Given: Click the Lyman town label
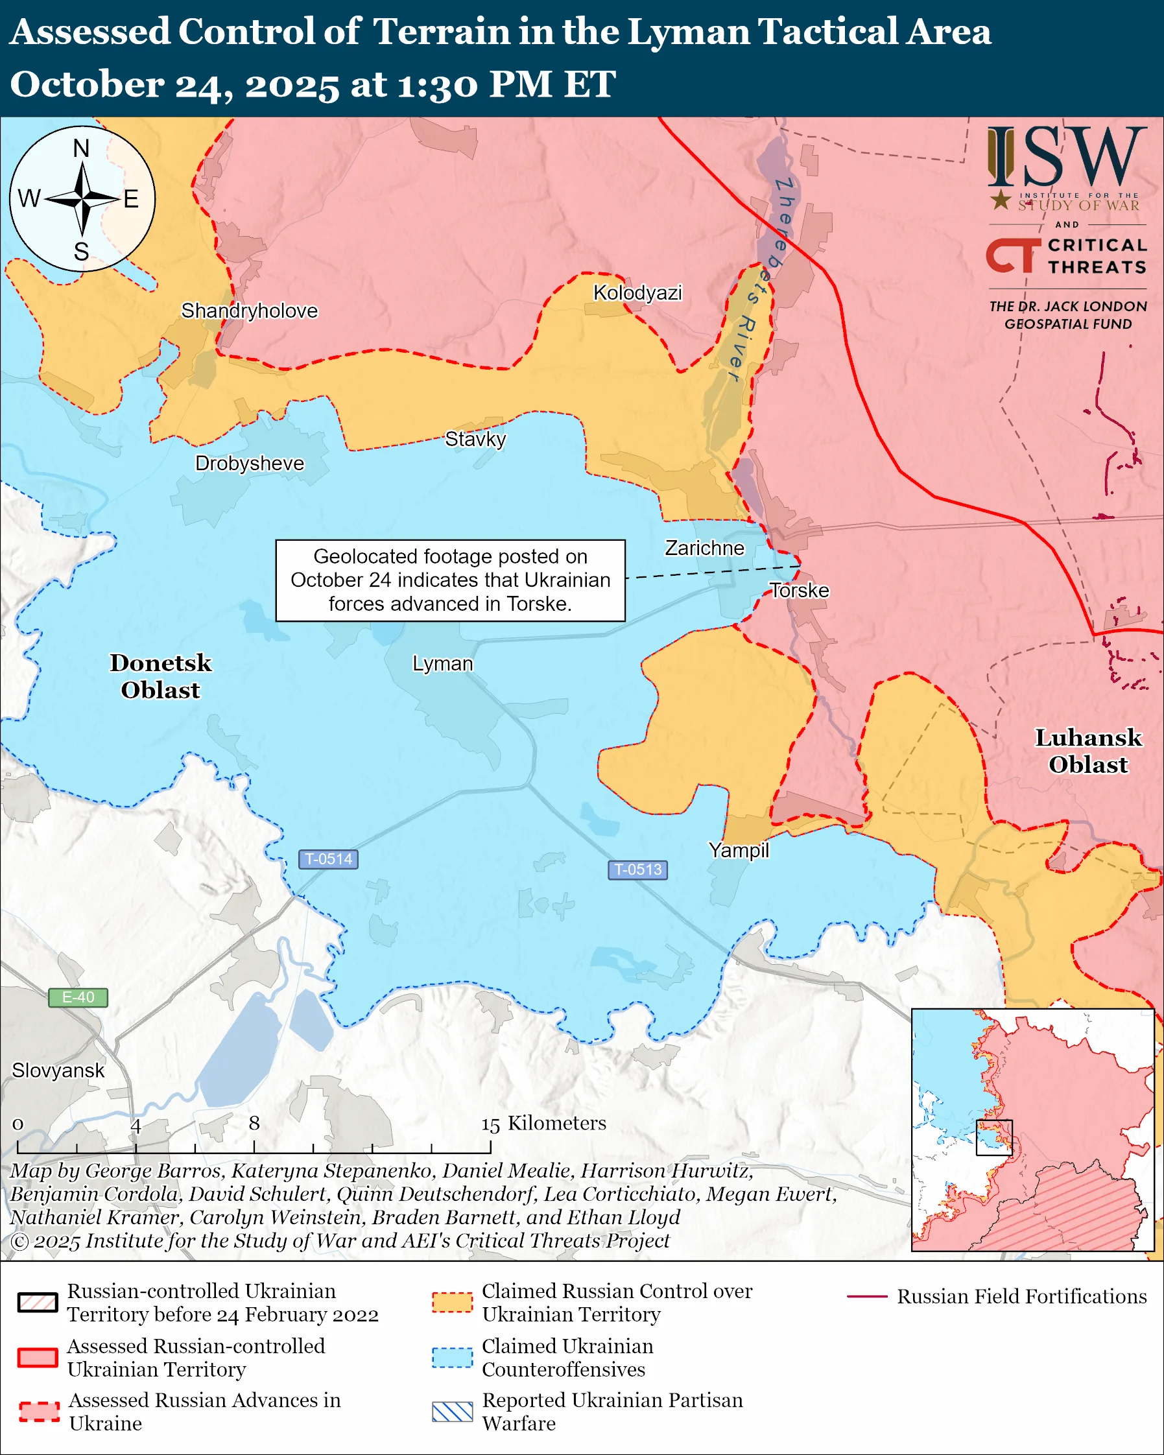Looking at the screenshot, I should [443, 664].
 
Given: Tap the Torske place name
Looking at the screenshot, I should [800, 591].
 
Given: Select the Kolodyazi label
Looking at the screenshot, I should [637, 293].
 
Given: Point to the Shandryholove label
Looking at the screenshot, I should [249, 311].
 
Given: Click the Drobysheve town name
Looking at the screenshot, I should [249, 464].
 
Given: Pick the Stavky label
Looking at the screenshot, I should [475, 440].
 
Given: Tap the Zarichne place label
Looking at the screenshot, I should [704, 548].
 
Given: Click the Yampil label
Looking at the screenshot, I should [738, 850].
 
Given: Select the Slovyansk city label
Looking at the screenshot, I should [58, 1071].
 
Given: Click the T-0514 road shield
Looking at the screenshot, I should [329, 859].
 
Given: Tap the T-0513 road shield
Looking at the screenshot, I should [637, 869].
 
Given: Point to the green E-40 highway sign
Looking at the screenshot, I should [78, 997].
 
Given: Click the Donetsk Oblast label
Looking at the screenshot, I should [161, 676].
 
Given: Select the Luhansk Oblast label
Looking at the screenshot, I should [1087, 751].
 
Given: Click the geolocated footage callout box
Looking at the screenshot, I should [450, 580].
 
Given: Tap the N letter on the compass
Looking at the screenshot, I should [81, 148].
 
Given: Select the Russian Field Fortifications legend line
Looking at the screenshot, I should [867, 1296].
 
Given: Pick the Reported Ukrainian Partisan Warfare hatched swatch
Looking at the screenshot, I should [452, 1411].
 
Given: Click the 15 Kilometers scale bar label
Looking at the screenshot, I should [543, 1123].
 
